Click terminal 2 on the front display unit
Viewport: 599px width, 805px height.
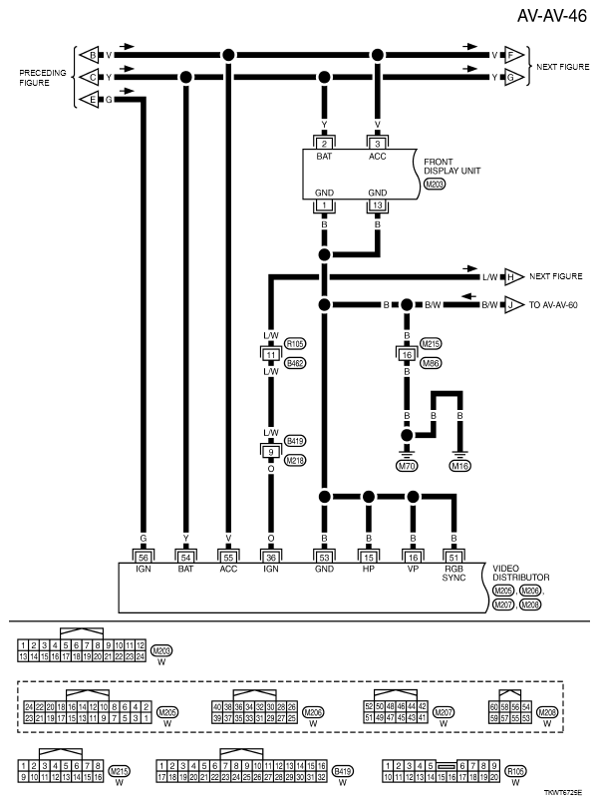324,145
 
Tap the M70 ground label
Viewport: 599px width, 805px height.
407,465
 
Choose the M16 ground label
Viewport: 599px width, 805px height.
459,465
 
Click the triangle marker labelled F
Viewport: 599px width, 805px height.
515,55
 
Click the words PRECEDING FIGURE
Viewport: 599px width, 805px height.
41,79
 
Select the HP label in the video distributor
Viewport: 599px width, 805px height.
369,569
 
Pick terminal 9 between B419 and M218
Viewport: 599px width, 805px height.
270,450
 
